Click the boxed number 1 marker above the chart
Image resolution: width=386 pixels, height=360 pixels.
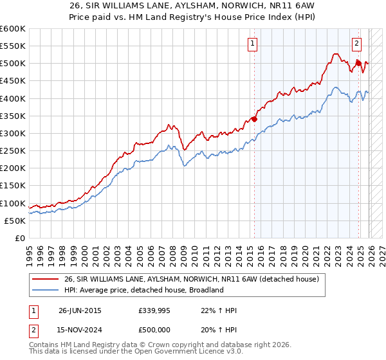pos(252,44)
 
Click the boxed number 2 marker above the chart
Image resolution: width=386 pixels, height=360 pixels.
pos(356,44)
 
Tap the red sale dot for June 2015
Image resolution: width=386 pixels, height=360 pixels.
pos(254,119)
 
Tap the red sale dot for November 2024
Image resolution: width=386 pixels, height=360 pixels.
pos(358,63)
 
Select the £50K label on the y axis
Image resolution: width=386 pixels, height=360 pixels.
pos(15,221)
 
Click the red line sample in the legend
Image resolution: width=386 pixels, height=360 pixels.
pos(46,280)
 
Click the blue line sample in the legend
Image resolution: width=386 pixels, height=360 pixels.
pos(46,291)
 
